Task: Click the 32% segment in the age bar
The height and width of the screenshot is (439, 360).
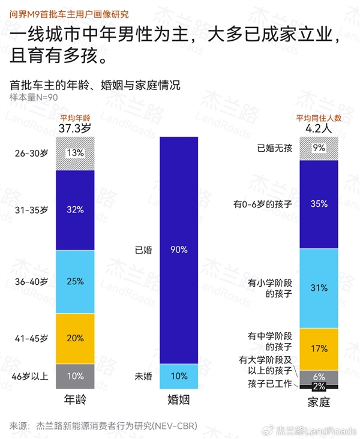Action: (75, 210)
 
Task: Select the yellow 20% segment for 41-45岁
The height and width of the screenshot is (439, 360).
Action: (75, 338)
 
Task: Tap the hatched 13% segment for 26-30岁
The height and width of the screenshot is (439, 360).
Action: (75, 153)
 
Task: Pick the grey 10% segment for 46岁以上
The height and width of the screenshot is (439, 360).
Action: (75, 376)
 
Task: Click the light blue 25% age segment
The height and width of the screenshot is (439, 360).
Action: (75, 281)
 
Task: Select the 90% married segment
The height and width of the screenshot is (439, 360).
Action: (179, 249)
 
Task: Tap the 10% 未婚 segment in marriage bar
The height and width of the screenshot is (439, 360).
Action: (179, 376)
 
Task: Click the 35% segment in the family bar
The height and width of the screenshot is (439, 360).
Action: (319, 204)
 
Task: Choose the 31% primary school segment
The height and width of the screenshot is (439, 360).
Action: (319, 288)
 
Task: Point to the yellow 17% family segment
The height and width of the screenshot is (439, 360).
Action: (319, 348)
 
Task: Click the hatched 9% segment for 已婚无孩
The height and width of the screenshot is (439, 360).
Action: (319, 148)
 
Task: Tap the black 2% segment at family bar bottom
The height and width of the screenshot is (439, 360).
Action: (319, 386)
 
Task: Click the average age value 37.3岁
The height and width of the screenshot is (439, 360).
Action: (75, 128)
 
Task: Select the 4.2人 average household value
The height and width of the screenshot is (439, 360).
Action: (318, 128)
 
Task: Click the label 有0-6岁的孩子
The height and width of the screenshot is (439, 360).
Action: (263, 204)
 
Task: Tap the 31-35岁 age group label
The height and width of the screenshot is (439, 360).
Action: (31, 210)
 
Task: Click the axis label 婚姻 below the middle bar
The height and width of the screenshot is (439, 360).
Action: (179, 400)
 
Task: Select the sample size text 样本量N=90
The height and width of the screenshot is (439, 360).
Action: (34, 97)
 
